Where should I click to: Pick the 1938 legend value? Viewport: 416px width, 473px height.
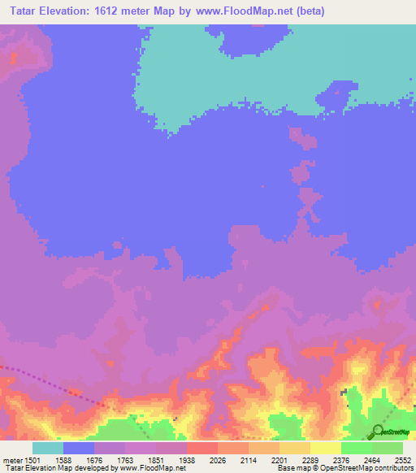tap(186, 460)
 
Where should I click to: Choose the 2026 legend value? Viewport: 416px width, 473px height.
tap(217, 460)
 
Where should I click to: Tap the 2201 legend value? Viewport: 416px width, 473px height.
tap(279, 460)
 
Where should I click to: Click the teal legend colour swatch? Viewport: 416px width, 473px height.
tap(48, 448)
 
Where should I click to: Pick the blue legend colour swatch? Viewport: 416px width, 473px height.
tap(79, 448)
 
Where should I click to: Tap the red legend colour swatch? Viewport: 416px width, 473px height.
tap(202, 448)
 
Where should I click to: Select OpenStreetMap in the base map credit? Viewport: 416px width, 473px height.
tap(331, 468)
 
